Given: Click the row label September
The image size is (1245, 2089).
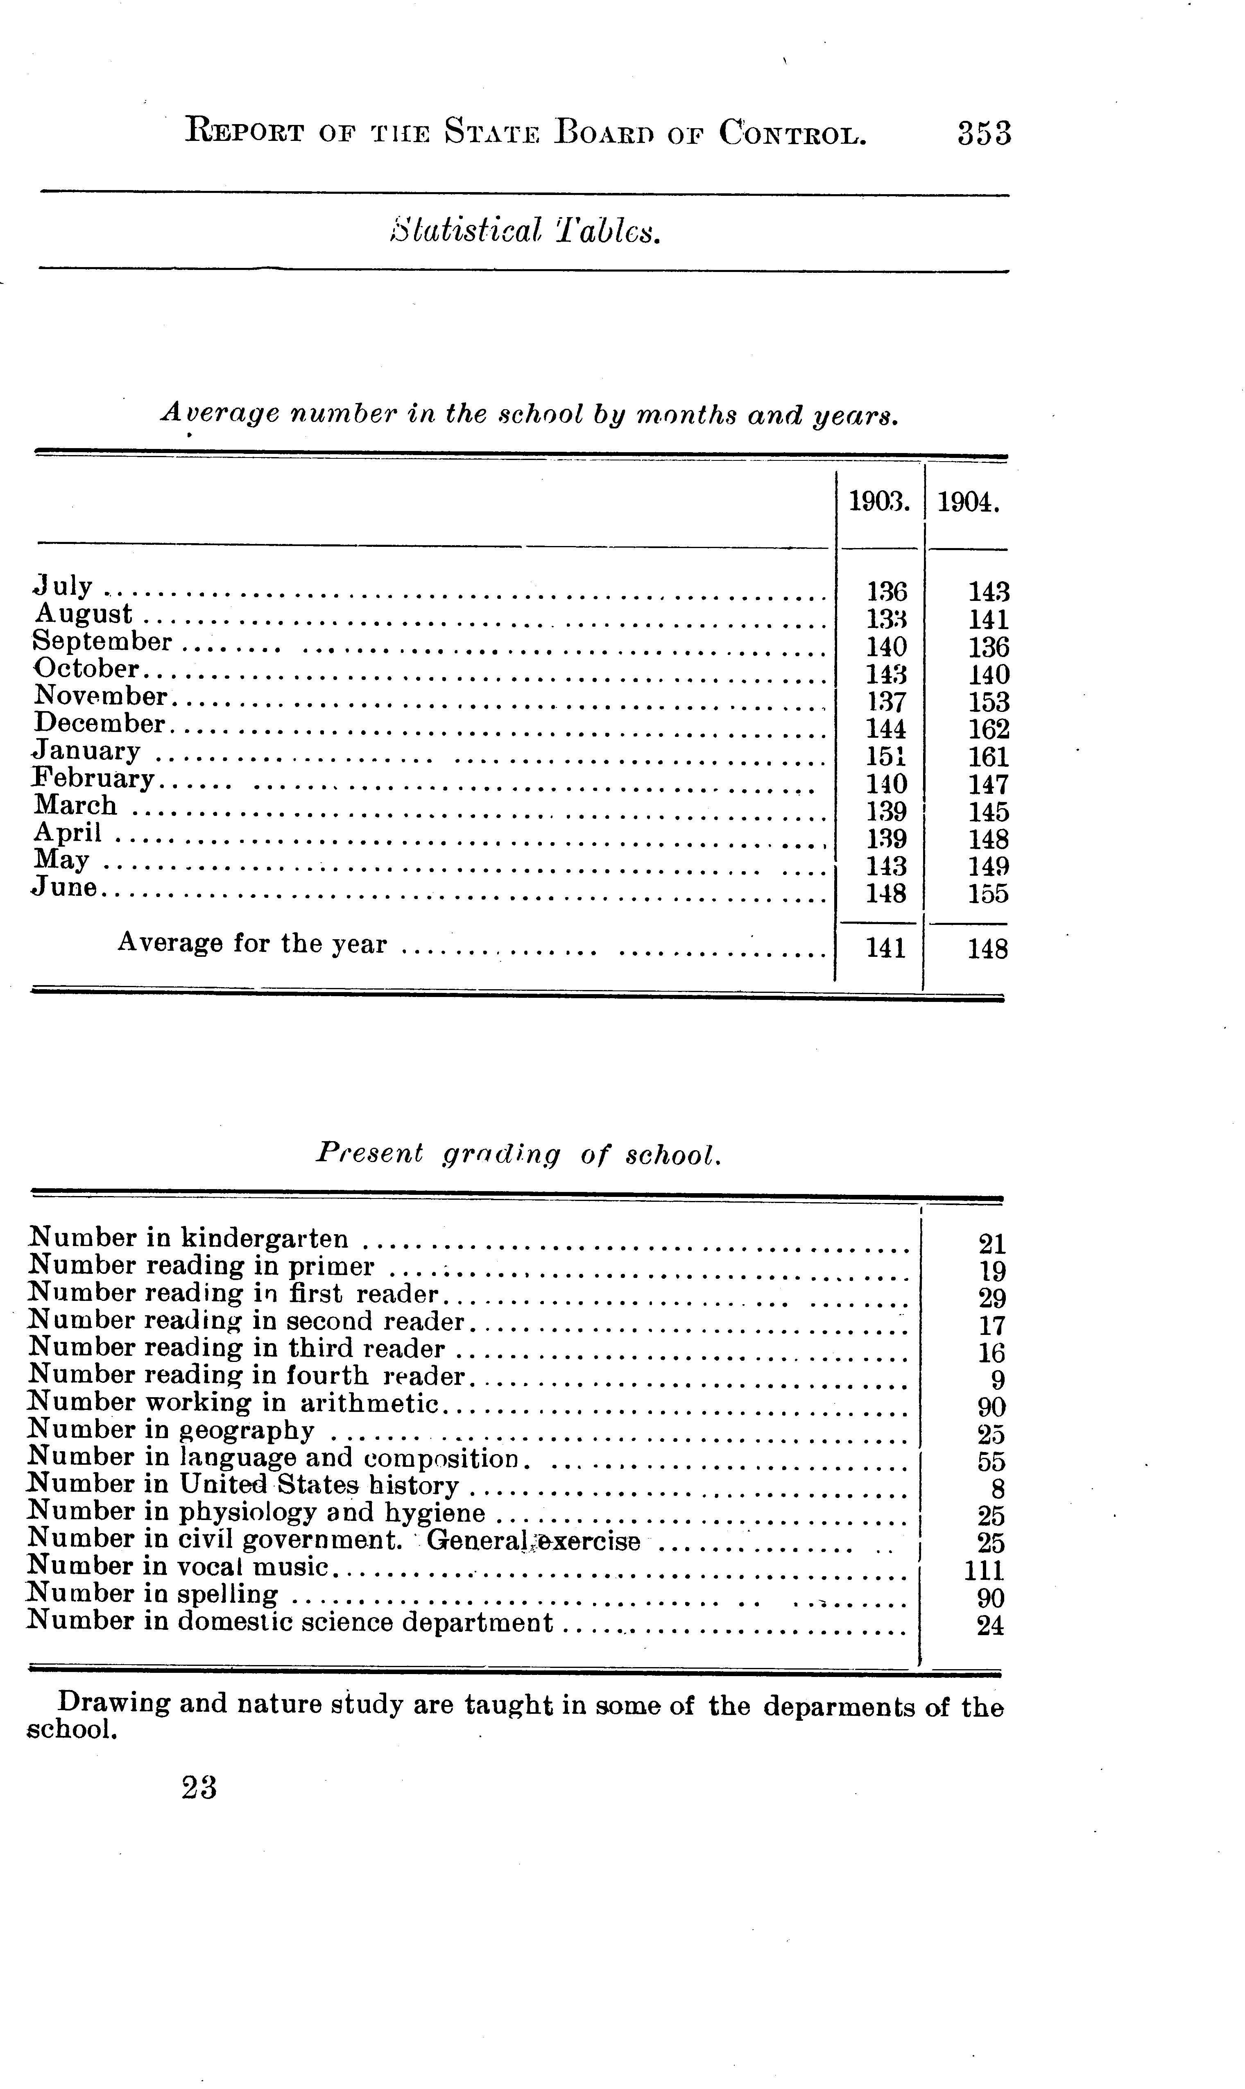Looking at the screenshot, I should (102, 642).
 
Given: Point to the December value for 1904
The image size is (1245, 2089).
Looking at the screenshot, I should (988, 729).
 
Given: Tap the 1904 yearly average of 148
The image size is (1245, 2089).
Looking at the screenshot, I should (987, 949).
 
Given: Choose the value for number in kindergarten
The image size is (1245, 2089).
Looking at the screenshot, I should (991, 1243).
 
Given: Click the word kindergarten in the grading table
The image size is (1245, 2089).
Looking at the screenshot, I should (264, 1238).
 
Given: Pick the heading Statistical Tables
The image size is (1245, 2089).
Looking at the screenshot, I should (525, 231).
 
